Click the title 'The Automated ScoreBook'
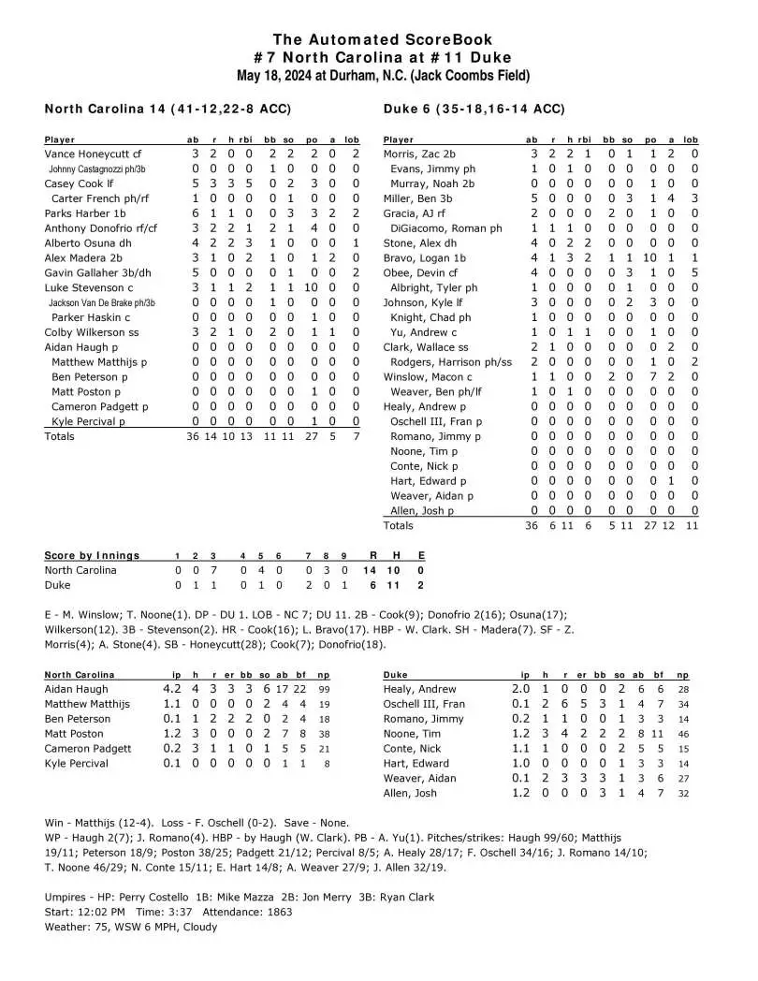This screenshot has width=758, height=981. (x=378, y=38)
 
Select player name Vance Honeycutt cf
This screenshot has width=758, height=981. (x=93, y=154)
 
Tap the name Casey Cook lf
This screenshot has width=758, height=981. (x=80, y=183)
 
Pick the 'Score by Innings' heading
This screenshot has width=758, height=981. (x=92, y=555)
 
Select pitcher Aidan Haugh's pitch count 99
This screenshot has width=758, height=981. (x=339, y=689)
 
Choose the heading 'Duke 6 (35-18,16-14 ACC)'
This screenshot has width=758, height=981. (x=474, y=109)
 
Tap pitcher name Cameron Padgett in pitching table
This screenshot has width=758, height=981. (x=88, y=749)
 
